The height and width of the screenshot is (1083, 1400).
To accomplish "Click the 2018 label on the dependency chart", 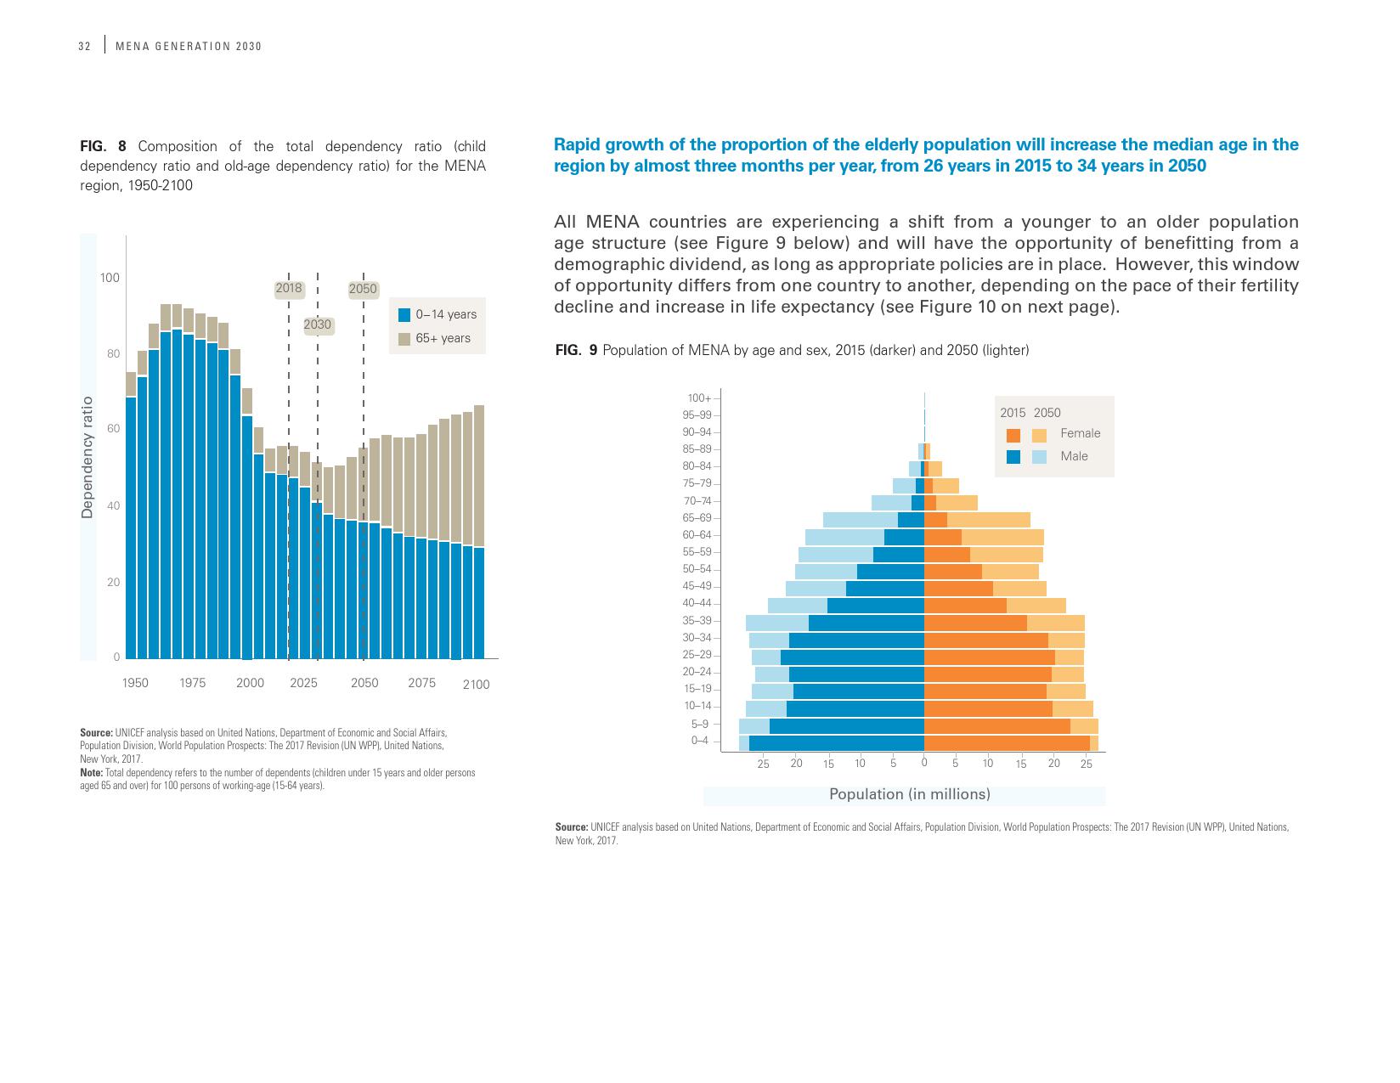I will click(x=289, y=288).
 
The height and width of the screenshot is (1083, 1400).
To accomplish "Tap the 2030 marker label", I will click(x=318, y=324).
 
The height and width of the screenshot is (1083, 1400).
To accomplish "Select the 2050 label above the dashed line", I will click(x=363, y=289).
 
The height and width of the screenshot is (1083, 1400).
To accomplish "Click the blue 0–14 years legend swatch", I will click(x=404, y=314).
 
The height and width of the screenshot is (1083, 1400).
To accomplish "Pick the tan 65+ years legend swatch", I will click(x=404, y=338).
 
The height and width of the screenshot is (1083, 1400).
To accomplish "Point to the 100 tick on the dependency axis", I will click(x=110, y=278).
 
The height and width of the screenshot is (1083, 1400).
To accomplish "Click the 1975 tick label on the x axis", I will click(x=192, y=683).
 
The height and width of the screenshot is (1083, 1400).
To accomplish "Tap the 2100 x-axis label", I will click(x=476, y=685).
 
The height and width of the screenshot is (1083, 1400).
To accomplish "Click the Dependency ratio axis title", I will click(x=87, y=457).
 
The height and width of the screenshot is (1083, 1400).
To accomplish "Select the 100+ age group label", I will click(x=699, y=398).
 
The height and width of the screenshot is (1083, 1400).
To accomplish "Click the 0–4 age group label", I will click(x=699, y=741).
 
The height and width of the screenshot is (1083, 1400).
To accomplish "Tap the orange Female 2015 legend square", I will click(x=1013, y=435).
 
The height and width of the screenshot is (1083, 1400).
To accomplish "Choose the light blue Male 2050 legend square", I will click(x=1039, y=457).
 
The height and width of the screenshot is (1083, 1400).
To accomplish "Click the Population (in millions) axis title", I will click(x=909, y=794).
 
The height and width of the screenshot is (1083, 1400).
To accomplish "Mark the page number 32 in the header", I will click(x=84, y=47).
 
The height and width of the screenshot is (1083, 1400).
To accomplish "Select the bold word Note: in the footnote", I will click(x=91, y=773).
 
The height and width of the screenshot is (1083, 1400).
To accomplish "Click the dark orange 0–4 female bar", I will click(x=1007, y=742).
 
